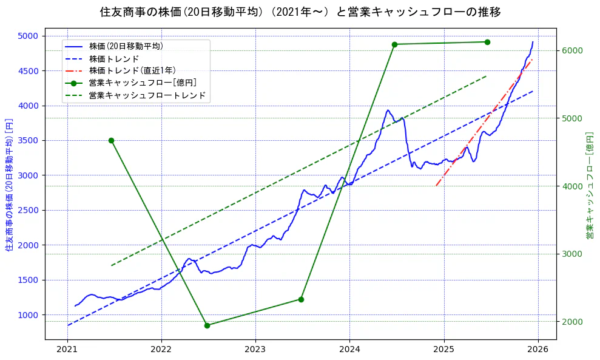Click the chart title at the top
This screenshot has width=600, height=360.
[x=300, y=12]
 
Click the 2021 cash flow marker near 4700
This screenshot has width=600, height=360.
[x=111, y=140]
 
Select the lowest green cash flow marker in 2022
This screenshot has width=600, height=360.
[x=207, y=325]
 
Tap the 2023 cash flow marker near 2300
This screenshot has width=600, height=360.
[x=301, y=299]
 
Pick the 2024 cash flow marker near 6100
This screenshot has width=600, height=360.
[x=394, y=44]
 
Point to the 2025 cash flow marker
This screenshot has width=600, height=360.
[x=487, y=42]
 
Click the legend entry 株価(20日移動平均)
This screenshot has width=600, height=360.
[x=126, y=46]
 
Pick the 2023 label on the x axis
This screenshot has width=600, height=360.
[x=255, y=350]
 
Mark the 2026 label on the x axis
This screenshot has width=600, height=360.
[x=538, y=350]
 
